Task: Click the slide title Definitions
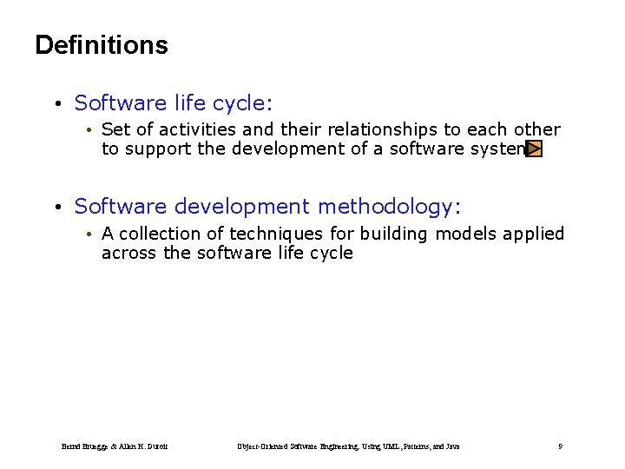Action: coord(102,45)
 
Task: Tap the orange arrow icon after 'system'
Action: coord(534,149)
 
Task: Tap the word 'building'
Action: coord(395,234)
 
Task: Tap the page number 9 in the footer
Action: coord(561,446)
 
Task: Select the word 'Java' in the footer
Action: coord(451,446)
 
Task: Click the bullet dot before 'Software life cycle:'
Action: coord(56,105)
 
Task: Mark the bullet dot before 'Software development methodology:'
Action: coord(56,208)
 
